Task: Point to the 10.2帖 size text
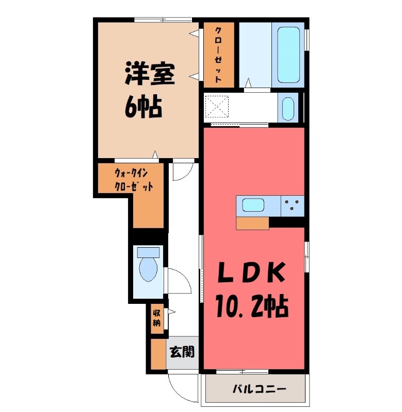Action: click(251, 307)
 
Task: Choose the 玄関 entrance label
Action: click(183, 352)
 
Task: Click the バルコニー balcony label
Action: click(259, 389)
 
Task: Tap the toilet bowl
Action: click(149, 268)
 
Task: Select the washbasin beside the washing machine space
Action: click(288, 108)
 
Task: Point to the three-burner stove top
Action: click(293, 206)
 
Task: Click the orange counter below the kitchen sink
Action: click(253, 222)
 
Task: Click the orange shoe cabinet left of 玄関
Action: click(158, 354)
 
